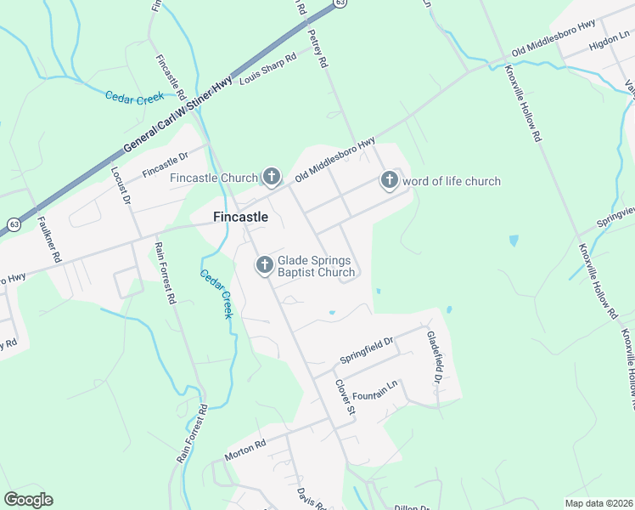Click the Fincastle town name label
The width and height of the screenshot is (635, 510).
tap(240, 218)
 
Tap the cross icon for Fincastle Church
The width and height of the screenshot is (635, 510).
tap(272, 177)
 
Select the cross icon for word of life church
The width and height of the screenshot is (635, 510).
tap(389, 180)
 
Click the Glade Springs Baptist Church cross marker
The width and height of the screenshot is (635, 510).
tap(264, 266)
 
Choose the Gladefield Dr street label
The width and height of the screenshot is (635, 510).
tap(432, 354)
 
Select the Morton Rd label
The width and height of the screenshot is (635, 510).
tap(245, 450)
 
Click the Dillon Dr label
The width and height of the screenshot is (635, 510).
tap(413, 507)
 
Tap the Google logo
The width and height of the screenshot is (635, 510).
tap(28, 500)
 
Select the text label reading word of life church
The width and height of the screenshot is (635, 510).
tap(452, 181)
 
